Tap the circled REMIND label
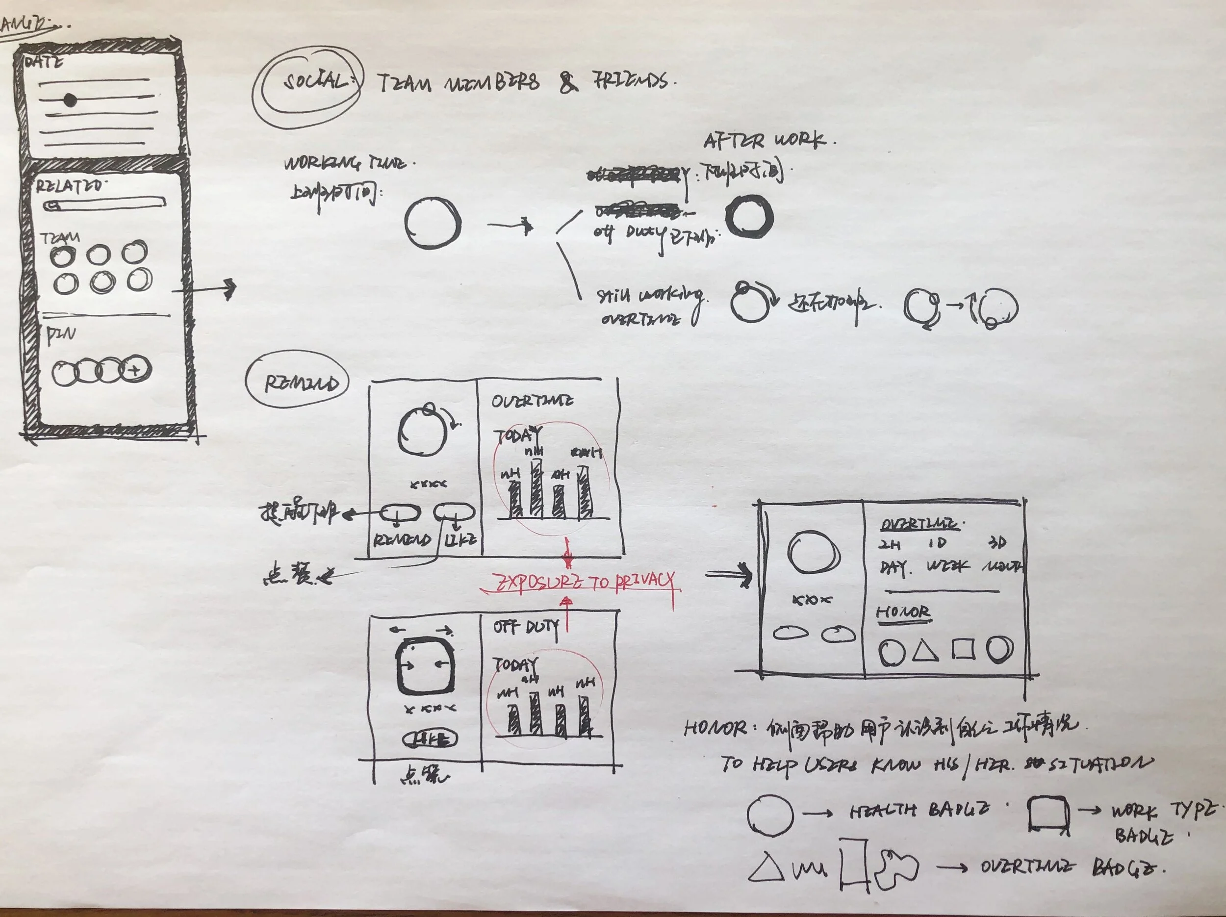[300, 383]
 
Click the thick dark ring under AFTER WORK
[749, 217]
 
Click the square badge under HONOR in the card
[963, 649]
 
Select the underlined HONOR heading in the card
[903, 612]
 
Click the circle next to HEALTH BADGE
[769, 815]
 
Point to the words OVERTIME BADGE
[1070, 867]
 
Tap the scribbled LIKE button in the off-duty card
[430, 739]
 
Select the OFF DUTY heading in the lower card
[525, 627]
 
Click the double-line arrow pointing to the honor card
[729, 575]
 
